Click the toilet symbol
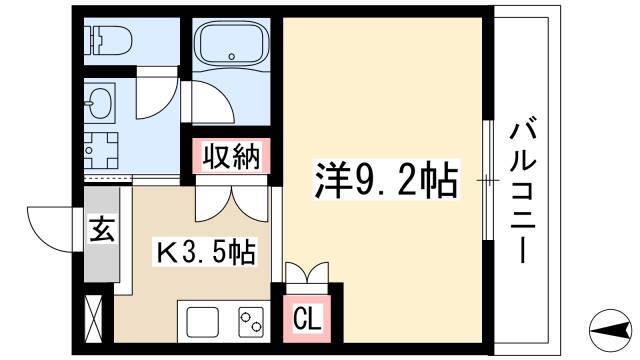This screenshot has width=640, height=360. click(108, 40)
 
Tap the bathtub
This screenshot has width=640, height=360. click(231, 44)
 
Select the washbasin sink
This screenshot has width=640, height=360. click(100, 103)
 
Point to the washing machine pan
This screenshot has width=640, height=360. click(101, 150)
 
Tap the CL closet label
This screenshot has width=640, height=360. click(307, 319)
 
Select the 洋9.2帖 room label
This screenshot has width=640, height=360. click(386, 180)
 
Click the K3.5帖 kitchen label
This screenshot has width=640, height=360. click(206, 252)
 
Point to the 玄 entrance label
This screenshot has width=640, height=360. click(102, 229)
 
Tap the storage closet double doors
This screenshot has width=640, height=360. click(232, 203)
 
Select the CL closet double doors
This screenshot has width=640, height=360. click(307, 273)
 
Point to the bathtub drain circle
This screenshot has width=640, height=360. click(232, 56)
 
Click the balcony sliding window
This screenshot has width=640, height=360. click(487, 180)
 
